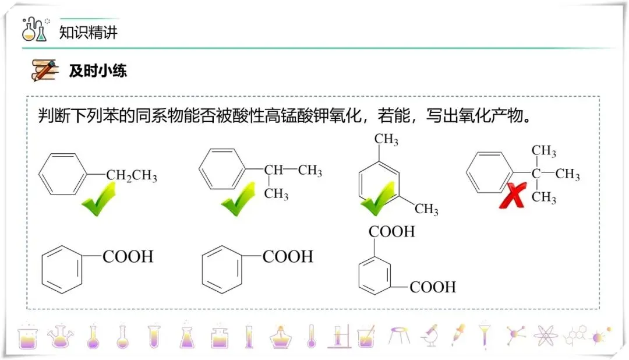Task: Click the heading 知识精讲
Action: pos(89,32)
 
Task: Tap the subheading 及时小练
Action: pos(98,71)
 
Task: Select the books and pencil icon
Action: pos(45,70)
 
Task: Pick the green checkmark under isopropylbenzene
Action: pos(239,199)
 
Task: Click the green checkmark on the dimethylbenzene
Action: pos(379,199)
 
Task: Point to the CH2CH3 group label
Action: pos(132,176)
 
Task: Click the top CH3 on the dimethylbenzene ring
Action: pos(386,140)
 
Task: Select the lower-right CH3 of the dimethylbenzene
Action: pos(426,209)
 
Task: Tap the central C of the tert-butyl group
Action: pos(536,174)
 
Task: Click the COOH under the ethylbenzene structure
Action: pos(128,256)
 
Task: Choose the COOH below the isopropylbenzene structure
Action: pos(288,256)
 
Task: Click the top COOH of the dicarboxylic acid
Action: pos(391,231)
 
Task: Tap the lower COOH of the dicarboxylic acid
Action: pos(433,287)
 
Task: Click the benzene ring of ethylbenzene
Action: pos(63,174)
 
